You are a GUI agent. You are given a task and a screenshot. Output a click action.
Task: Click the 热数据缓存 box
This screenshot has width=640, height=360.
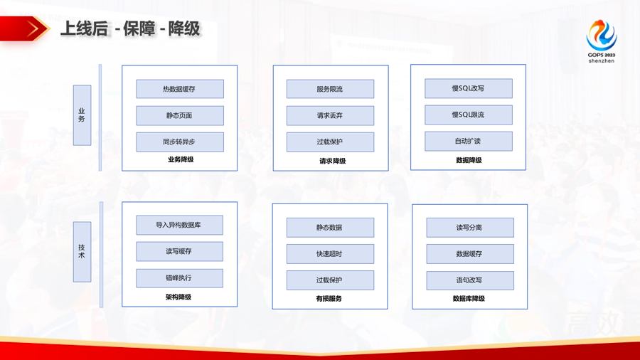click(180, 89)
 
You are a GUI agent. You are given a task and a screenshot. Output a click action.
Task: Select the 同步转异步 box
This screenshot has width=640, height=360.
click(180, 142)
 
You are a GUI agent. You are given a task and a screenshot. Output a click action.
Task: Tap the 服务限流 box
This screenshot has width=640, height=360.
click(330, 89)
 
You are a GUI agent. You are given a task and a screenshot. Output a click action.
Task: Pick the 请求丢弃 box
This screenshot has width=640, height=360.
click(330, 115)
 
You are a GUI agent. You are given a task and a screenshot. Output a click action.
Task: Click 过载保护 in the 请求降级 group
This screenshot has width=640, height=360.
click(330, 142)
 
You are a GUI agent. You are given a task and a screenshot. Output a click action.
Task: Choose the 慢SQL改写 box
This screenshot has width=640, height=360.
click(468, 88)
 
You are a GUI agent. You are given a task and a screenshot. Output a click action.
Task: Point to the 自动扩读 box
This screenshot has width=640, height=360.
click(468, 141)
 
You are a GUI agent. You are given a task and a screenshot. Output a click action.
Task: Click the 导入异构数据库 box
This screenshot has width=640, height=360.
click(179, 225)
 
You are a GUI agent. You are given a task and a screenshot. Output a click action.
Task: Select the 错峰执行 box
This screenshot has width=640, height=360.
click(179, 278)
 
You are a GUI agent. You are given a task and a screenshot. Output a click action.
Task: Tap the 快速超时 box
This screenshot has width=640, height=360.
click(330, 254)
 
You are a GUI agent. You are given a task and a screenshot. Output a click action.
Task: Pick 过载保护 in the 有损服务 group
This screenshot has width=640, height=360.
click(330, 280)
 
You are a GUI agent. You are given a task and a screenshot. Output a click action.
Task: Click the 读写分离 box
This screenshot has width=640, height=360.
click(469, 228)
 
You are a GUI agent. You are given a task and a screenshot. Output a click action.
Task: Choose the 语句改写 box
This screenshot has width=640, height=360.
click(469, 280)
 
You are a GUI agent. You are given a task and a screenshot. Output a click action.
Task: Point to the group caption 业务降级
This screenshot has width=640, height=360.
click(180, 160)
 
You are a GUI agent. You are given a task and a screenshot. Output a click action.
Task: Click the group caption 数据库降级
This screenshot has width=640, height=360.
click(469, 299)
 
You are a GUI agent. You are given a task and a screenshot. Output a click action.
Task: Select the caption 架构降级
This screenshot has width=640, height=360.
click(178, 297)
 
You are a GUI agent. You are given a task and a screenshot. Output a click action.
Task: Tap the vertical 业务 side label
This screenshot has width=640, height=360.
click(82, 115)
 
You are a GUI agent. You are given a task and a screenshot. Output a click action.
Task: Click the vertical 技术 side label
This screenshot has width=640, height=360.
click(82, 252)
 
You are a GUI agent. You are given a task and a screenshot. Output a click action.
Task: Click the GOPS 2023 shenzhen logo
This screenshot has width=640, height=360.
click(601, 41)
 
